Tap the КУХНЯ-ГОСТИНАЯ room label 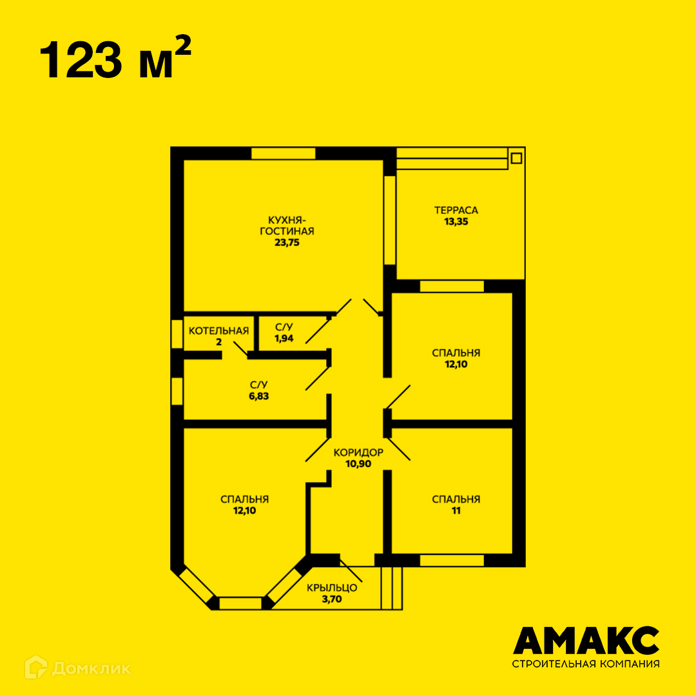(x=287, y=226)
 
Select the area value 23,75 (x=287, y=243)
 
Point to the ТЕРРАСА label (x=456, y=210)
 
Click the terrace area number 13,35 (x=456, y=222)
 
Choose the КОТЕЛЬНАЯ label (x=218, y=331)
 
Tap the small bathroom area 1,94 (x=284, y=339)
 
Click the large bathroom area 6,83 (x=259, y=396)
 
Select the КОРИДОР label (x=358, y=452)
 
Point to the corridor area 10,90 (x=358, y=464)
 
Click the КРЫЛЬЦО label (x=332, y=588)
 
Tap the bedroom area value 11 (x=456, y=511)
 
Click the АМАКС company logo (x=586, y=641)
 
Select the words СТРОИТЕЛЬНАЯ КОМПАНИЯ (x=586, y=664)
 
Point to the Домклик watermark (x=78, y=667)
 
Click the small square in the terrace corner (x=516, y=158)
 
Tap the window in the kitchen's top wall (x=283, y=153)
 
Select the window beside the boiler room (x=177, y=334)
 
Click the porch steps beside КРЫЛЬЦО (x=392, y=588)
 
